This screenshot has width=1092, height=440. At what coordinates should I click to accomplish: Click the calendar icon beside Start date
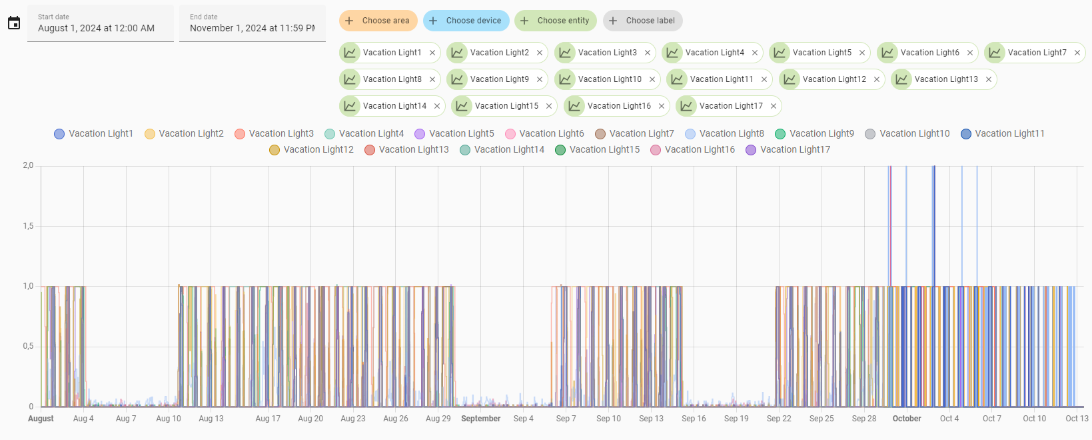coord(14,23)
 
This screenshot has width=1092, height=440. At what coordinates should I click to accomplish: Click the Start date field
coord(100,23)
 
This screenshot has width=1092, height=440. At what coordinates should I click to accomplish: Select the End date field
coord(252,23)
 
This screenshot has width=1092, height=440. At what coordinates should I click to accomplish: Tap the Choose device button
coord(466,21)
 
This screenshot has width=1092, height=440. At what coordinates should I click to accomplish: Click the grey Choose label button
coord(642,21)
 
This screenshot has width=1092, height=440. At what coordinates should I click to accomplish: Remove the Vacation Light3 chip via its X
coord(648,53)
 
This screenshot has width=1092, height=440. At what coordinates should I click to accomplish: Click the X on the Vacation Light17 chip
coord(774,106)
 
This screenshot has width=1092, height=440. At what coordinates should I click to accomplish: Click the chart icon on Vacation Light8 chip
coord(350,79)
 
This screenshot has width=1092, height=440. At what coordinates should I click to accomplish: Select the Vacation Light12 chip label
coord(834,79)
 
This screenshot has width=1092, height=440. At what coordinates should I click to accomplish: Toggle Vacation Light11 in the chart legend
coord(1002,134)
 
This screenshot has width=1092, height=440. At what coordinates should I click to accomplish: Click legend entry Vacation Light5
coord(454,134)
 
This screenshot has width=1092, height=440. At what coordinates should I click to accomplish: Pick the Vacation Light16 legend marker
coord(656,150)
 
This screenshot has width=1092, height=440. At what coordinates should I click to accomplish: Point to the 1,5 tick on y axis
coord(28,226)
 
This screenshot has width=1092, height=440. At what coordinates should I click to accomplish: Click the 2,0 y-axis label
coord(28,165)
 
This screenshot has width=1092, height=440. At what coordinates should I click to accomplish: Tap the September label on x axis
coord(480,419)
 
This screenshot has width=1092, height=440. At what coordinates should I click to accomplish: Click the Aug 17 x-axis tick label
coord(268,419)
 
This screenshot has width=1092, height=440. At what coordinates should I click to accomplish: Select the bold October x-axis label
coord(906,419)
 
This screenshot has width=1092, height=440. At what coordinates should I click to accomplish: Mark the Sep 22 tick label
coord(779,419)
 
